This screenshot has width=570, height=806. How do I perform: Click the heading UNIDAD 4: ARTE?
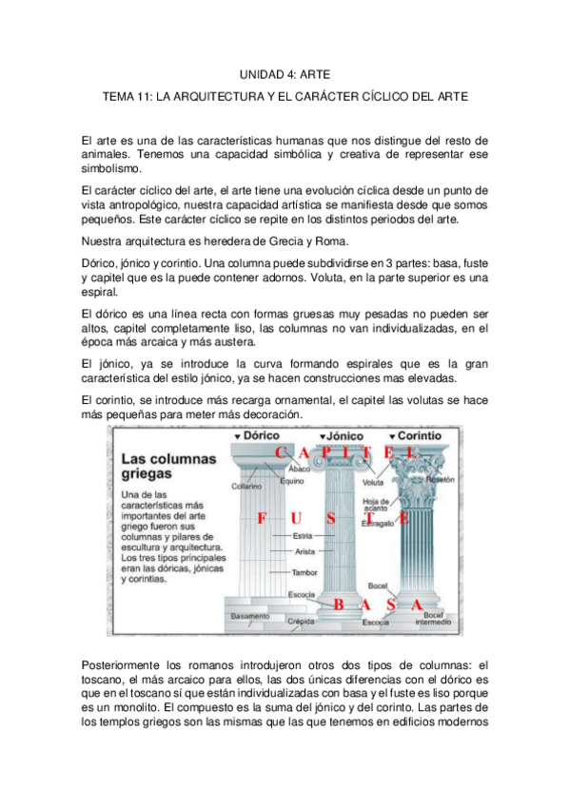pos(284,72)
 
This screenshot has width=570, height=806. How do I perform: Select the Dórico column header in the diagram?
pos(254,434)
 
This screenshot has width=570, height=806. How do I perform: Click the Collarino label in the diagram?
pos(246,486)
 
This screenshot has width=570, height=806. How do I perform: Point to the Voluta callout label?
pos(374,482)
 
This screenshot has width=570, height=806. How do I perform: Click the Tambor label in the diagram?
pos(305,572)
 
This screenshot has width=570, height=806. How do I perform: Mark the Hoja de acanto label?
pos(376,504)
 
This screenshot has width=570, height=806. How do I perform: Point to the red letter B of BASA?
pos(337,604)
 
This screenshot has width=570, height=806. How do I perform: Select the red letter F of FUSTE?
pos(259,518)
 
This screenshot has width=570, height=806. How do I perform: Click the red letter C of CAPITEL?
pos(279,453)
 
